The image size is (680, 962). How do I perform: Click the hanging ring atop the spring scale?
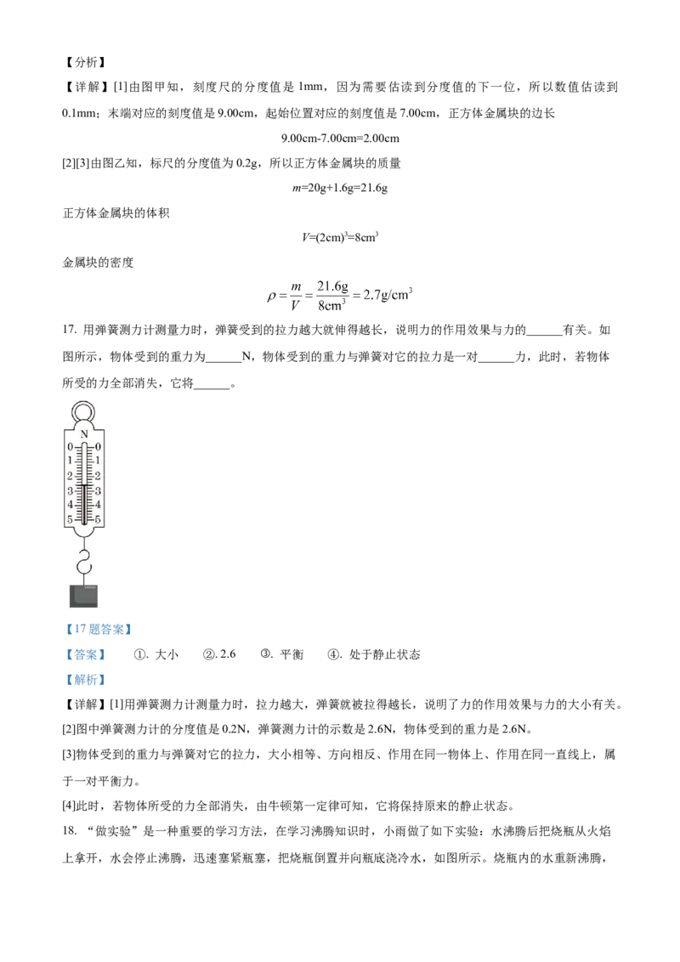(83, 411)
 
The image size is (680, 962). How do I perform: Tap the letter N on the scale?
(83, 434)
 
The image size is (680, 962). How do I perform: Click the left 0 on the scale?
(70, 447)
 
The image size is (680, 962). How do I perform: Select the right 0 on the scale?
(98, 447)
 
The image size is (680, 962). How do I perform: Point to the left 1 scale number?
(70, 461)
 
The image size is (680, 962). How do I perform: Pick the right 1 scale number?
(98, 461)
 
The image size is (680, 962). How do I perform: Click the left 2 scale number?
(70, 476)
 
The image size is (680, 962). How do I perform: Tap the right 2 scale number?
(98, 476)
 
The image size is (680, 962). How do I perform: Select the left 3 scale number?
(70, 490)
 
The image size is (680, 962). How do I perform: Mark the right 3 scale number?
(98, 490)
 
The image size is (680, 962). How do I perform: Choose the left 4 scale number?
(70, 505)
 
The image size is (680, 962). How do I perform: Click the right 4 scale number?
(98, 505)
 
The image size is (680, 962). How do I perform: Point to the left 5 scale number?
(70, 519)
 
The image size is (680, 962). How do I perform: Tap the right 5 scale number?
(98, 519)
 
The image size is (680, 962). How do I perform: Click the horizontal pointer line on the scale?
(83, 485)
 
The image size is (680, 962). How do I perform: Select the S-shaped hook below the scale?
(83, 562)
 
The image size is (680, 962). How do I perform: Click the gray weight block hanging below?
(83, 596)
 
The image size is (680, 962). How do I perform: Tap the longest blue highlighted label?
(99, 630)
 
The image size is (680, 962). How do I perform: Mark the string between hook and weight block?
(83, 580)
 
